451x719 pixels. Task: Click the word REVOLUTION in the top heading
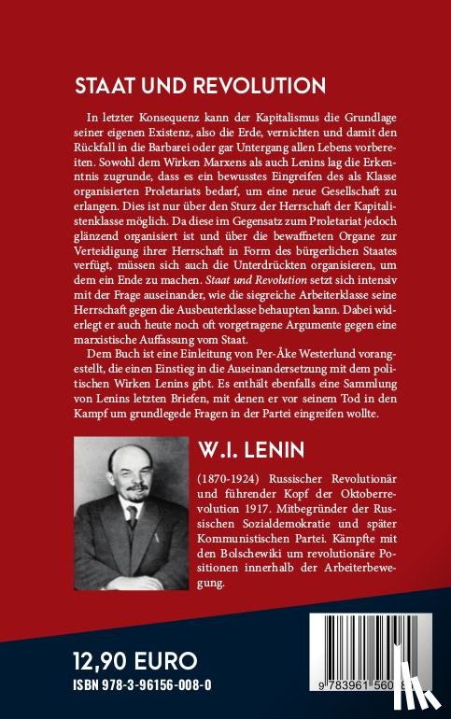coord(260,87)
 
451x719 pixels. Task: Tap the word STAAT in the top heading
coord(106,87)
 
